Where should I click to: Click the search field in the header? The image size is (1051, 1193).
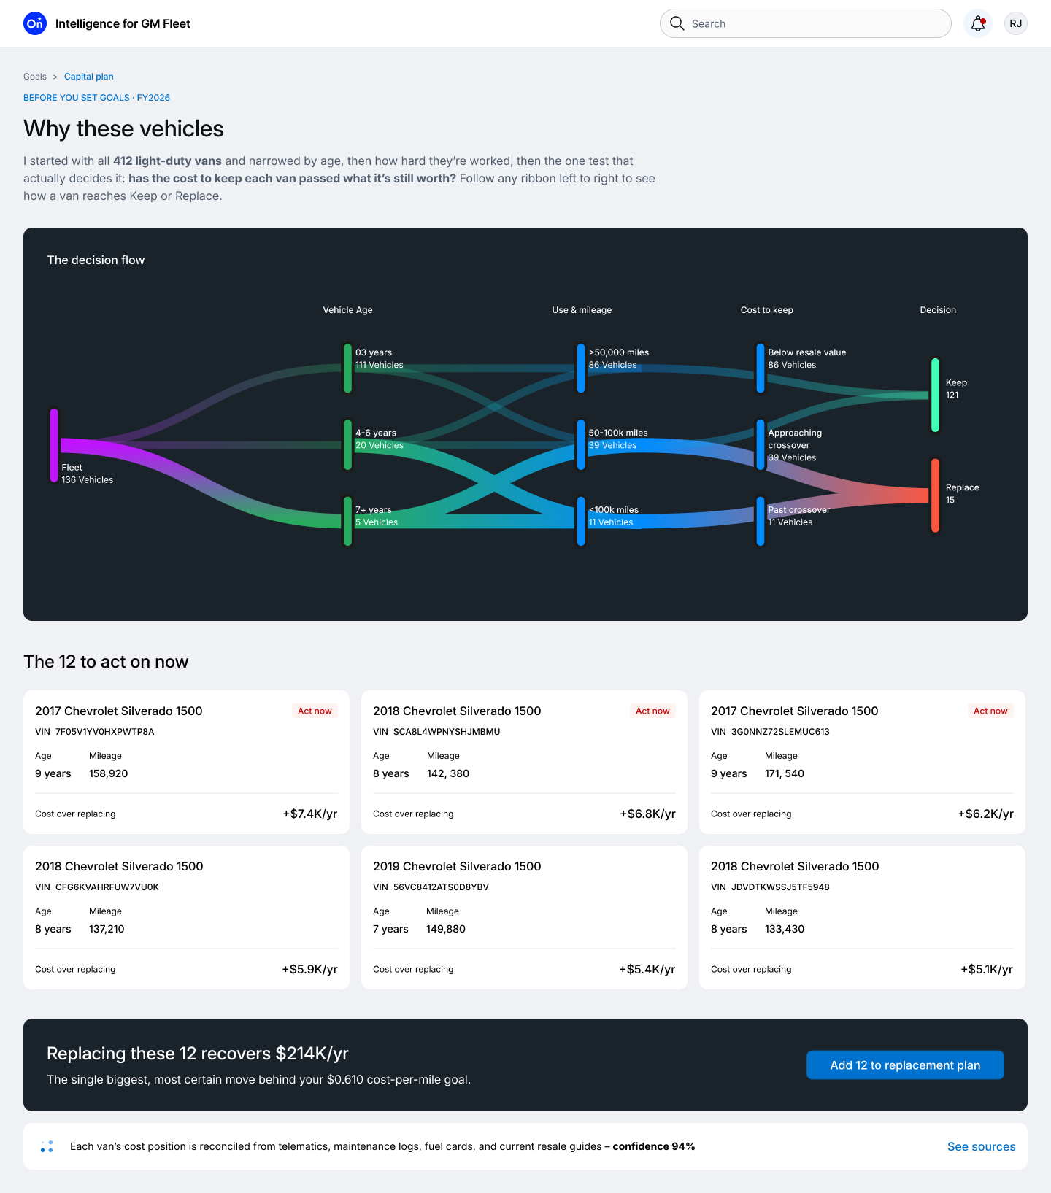(x=805, y=23)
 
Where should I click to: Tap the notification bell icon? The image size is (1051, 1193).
(x=978, y=23)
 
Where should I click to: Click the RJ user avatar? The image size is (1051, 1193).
(x=1016, y=23)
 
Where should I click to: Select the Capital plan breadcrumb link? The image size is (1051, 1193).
(x=89, y=77)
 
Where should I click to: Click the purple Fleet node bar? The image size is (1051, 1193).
(x=54, y=445)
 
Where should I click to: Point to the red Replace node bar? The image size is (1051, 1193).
(x=935, y=495)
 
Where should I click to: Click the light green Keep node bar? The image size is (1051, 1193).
(x=935, y=395)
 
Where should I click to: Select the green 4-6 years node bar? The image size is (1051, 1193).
(x=347, y=444)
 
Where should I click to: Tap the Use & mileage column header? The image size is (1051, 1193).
(x=582, y=310)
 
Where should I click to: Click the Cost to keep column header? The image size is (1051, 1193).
(x=766, y=310)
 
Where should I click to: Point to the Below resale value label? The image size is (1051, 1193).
(x=807, y=352)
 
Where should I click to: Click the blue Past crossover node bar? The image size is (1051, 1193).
(x=761, y=521)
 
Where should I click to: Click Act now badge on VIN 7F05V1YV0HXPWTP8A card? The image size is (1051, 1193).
(x=315, y=711)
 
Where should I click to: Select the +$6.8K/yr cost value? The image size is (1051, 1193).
(x=647, y=814)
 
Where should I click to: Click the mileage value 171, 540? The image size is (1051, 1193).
(x=785, y=773)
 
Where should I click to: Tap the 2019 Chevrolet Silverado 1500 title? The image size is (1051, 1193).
(x=457, y=866)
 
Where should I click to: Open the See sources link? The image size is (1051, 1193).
(x=981, y=1146)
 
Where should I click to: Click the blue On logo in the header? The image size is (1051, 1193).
(x=35, y=23)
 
